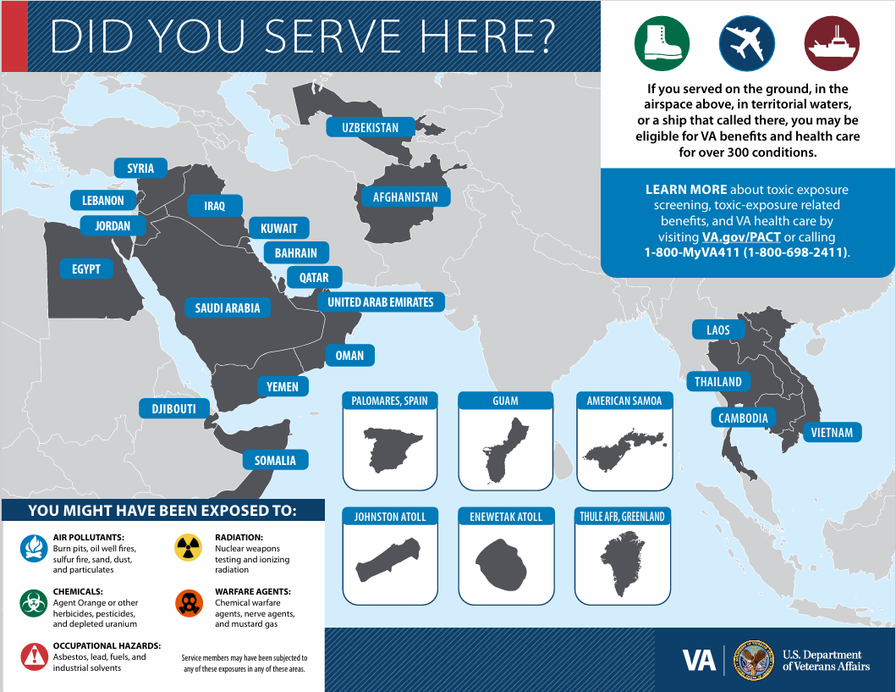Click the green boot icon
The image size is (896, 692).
[662, 43]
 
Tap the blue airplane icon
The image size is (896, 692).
[746, 43]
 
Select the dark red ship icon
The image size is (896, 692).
[832, 43]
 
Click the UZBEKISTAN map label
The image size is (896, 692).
[370, 128]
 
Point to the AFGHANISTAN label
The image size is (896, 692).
[405, 197]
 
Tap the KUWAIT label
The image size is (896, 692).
[278, 229]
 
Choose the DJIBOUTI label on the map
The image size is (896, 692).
[173, 409]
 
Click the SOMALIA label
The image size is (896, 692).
[275, 461]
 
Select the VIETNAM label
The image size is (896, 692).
[832, 433]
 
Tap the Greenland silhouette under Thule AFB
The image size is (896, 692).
[624, 564]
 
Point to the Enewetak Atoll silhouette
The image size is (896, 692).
[506, 565]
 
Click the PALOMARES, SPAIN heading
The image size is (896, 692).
[390, 401]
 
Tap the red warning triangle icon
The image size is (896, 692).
[34, 655]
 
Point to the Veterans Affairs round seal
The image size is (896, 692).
[752, 660]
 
